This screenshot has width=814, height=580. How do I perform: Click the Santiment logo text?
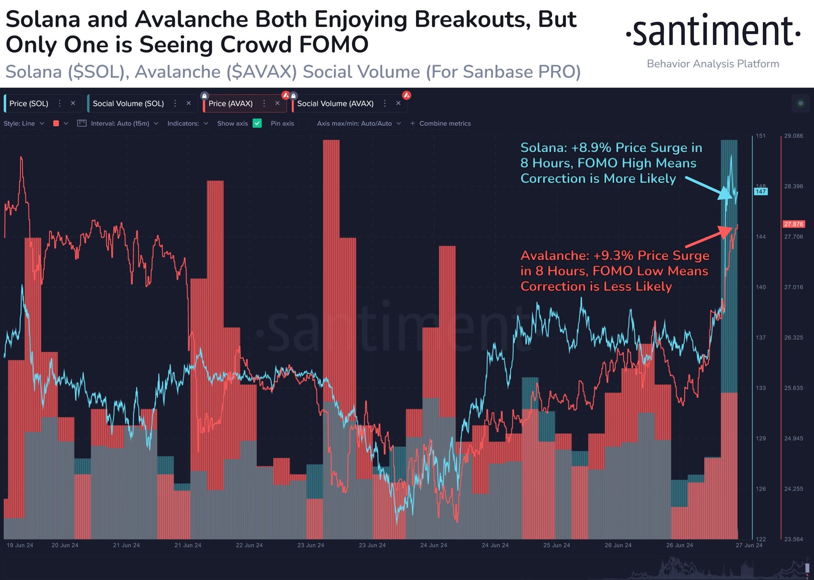point(713,32)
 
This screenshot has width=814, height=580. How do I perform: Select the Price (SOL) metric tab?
point(29,103)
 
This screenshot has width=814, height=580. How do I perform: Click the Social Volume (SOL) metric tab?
point(128,103)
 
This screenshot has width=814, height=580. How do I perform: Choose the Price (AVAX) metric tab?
point(231,103)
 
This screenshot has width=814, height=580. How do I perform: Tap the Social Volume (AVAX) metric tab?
point(335,103)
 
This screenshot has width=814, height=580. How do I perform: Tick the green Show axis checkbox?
point(257,123)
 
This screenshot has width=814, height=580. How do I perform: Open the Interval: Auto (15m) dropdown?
point(119,123)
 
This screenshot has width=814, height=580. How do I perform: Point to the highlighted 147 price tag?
point(760,192)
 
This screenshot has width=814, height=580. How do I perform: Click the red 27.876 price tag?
point(793,224)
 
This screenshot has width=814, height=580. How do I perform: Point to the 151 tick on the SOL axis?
point(760,136)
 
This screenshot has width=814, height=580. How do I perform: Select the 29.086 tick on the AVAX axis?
point(793,136)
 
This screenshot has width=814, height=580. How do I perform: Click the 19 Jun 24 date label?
point(20,545)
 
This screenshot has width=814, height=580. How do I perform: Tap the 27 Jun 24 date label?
point(749,545)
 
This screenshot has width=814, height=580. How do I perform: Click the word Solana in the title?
point(43,20)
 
